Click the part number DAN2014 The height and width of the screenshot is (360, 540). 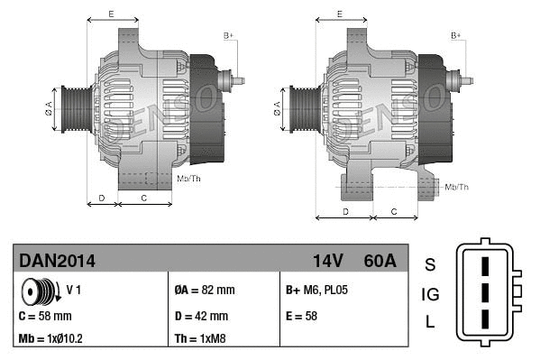pos(57,261)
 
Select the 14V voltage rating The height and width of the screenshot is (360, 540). pos(328,261)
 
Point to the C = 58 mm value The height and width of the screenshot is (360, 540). pos(45,316)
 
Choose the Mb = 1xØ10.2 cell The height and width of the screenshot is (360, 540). pos(52,339)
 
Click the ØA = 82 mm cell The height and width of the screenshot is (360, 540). pos(204,291)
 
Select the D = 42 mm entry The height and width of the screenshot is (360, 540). pos(201,316)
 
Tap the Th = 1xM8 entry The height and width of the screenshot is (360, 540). pos(199,339)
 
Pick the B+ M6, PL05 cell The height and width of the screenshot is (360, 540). pos(317,291)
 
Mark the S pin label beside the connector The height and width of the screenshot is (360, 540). pos(430,264)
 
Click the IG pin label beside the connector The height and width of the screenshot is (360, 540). pos(430,294)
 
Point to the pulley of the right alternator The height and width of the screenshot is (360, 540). pos(301,109)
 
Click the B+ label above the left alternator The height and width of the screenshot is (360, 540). pos(228,35)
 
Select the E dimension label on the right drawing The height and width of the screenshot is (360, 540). pos(339,14)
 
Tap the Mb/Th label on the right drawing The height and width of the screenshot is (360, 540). pos(457,187)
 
